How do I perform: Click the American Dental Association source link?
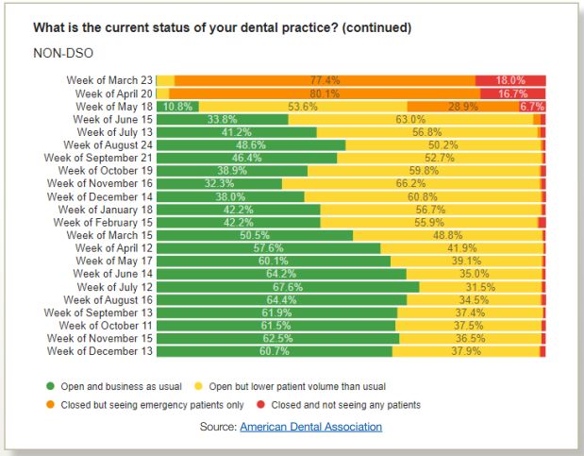[310, 427]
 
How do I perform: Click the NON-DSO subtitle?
[60, 53]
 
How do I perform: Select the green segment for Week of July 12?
[287, 287]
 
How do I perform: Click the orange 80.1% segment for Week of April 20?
[324, 93]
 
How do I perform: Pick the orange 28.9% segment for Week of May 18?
[462, 107]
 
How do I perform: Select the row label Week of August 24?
[107, 145]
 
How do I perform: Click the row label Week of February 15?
[102, 222]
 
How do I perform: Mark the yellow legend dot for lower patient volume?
[200, 386]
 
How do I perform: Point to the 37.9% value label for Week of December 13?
[466, 351]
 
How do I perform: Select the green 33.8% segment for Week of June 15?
[222, 119]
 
